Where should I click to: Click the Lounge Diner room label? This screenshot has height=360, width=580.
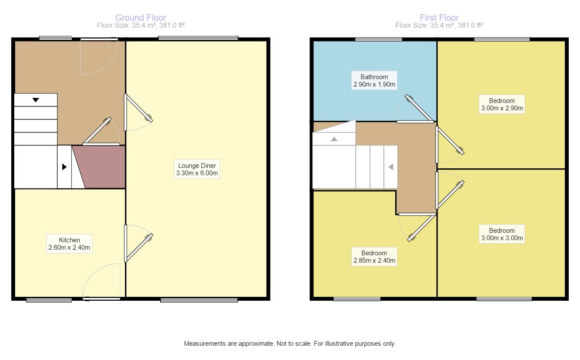[x=197, y=169]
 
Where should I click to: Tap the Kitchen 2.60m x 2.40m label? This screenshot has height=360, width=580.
[x=69, y=244]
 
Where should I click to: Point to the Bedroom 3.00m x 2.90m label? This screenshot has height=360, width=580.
[x=502, y=104]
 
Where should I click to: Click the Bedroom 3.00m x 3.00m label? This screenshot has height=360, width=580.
[x=502, y=234]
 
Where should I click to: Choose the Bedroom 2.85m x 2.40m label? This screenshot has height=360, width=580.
[x=374, y=257]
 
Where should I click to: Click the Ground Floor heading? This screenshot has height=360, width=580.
[x=141, y=18]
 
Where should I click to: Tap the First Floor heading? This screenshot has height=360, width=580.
[x=439, y=18]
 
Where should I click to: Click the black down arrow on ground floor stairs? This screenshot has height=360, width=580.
[x=35, y=100]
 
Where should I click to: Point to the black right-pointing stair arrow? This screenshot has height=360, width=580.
[x=64, y=167]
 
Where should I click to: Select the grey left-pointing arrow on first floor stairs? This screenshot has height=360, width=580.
[x=390, y=167]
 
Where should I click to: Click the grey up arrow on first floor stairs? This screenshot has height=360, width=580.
[x=334, y=139]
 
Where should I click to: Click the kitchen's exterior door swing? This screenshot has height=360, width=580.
[x=100, y=281]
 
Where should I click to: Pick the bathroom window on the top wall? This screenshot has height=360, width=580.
[x=378, y=40]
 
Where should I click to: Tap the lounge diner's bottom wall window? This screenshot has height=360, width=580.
[x=199, y=299]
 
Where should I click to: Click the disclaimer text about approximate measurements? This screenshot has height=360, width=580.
[x=290, y=344]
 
